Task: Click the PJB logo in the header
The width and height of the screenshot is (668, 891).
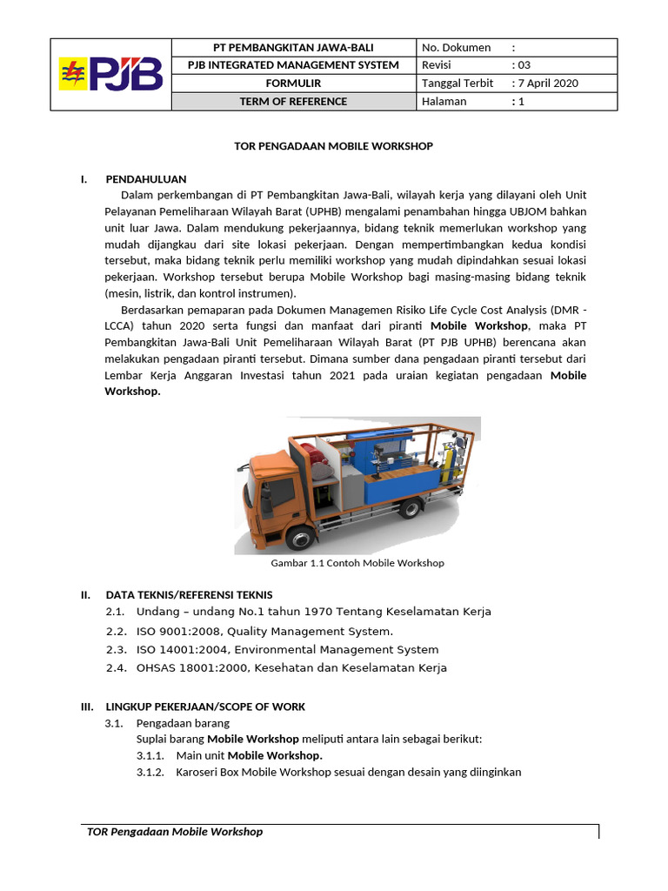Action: (110, 74)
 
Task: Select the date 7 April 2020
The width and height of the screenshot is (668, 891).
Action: (547, 84)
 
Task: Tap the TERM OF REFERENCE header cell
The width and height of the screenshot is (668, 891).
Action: (293, 102)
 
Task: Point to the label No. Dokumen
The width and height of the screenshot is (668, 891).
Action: (456, 47)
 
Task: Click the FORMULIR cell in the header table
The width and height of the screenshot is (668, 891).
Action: (293, 84)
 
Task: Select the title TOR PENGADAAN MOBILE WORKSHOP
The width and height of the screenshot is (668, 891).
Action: (333, 146)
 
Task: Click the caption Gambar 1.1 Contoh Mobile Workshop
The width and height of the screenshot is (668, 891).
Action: (357, 563)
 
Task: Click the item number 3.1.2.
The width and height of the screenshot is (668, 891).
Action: (150, 772)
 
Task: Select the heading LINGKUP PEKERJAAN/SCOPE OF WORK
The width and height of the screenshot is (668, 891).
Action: (205, 707)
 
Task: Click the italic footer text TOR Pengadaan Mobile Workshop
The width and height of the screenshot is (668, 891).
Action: (175, 832)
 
